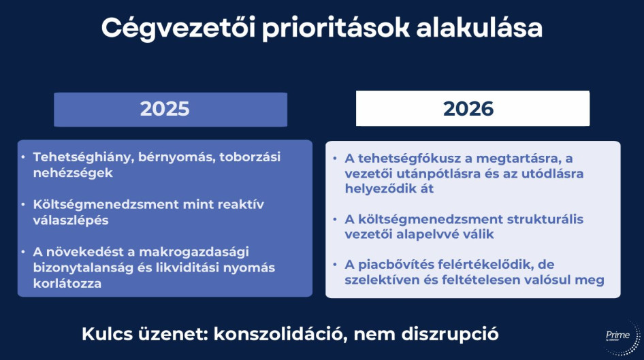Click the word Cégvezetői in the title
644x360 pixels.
(x=178, y=29)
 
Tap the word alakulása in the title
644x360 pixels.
(x=479, y=28)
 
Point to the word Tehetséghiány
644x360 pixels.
(x=83, y=157)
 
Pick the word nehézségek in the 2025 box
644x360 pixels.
(x=73, y=173)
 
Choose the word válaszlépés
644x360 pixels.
(x=71, y=220)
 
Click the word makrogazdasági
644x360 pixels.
(x=194, y=252)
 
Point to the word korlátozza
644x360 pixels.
(x=67, y=283)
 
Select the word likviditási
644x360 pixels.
(x=187, y=267)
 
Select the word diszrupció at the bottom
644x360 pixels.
(x=450, y=335)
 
